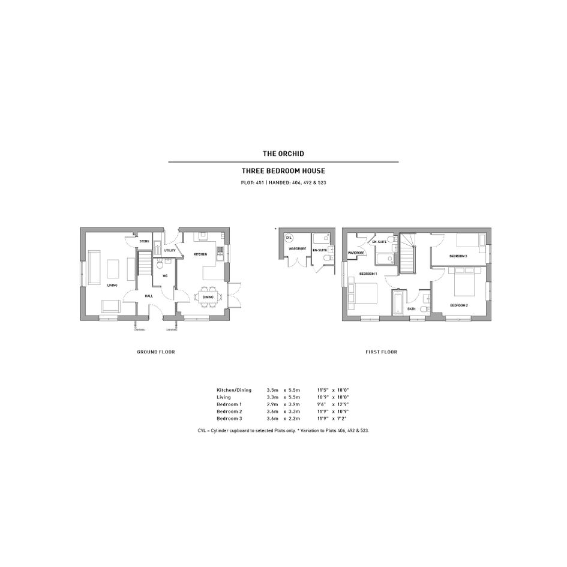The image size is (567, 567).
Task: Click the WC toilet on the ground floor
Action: pyautogui.click(x=160, y=265)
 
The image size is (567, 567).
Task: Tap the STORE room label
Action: pyautogui.click(x=144, y=241)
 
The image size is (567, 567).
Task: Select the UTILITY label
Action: pyautogui.click(x=170, y=250)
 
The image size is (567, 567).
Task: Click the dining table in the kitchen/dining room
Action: pyautogui.click(x=208, y=297)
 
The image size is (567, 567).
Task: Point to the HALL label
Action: pyautogui.click(x=149, y=296)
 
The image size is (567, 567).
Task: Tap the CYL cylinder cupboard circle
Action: pyautogui.click(x=289, y=238)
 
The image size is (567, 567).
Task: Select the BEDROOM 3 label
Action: pyautogui.click(x=458, y=256)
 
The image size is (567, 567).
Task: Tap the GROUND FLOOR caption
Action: pyautogui.click(x=156, y=352)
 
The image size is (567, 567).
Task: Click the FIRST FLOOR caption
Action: pyautogui.click(x=381, y=352)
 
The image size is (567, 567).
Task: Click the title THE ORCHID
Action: pyautogui.click(x=283, y=154)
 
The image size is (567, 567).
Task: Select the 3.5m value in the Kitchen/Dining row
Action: pyautogui.click(x=272, y=390)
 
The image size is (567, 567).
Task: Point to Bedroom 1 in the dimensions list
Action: pyautogui.click(x=229, y=404)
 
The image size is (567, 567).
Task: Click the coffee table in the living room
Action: pyautogui.click(x=113, y=269)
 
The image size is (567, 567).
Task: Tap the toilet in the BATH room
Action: pyautogui.click(x=427, y=308)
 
